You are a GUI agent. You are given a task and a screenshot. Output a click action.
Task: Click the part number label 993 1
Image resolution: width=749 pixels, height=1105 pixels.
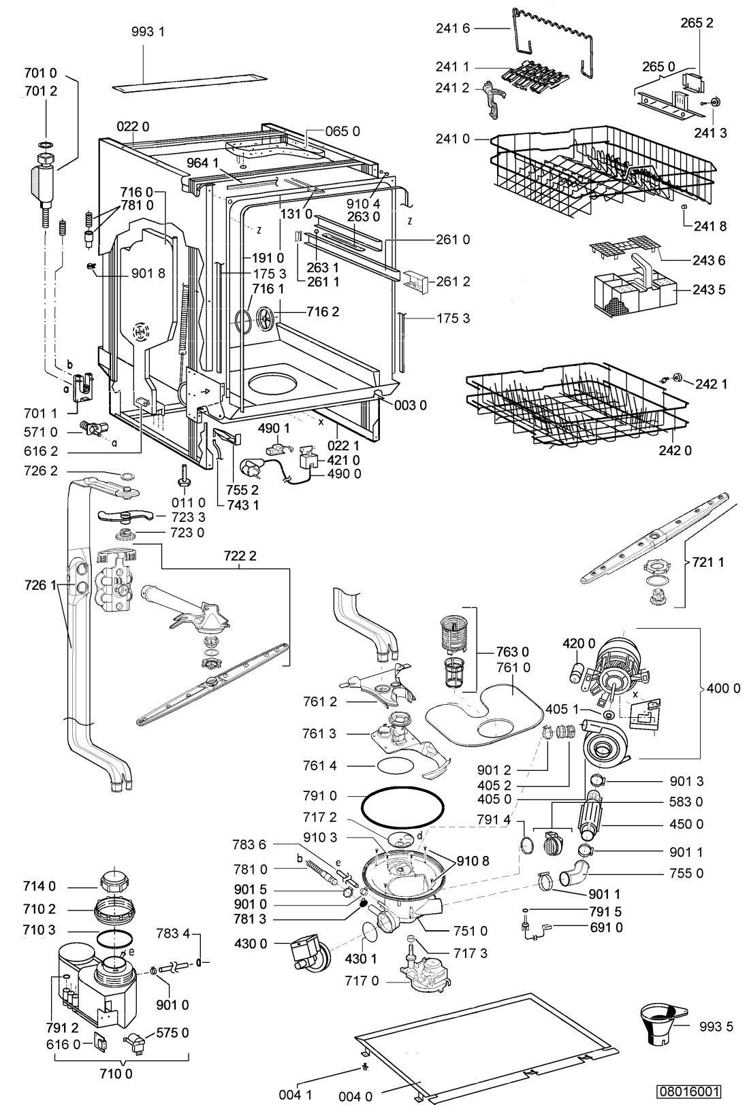click(148, 31)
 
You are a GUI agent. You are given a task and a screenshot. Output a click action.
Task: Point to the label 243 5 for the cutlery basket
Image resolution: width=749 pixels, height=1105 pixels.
click(709, 289)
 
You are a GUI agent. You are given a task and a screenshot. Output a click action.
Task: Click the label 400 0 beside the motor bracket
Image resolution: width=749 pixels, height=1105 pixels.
click(723, 688)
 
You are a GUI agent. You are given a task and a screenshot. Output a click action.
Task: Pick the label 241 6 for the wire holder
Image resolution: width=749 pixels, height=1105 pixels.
click(453, 29)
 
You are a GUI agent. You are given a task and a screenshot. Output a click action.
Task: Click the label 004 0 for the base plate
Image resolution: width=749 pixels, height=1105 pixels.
click(355, 1096)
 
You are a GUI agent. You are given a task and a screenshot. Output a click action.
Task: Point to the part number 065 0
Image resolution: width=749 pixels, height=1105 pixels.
click(342, 131)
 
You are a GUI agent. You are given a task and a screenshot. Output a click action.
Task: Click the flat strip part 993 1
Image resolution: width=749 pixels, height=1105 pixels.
click(190, 82)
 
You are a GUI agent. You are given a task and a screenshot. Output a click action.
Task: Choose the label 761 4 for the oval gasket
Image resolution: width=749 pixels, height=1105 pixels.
click(320, 765)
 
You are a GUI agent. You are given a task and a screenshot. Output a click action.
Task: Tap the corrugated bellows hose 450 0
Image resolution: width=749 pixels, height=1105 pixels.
click(590, 814)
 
